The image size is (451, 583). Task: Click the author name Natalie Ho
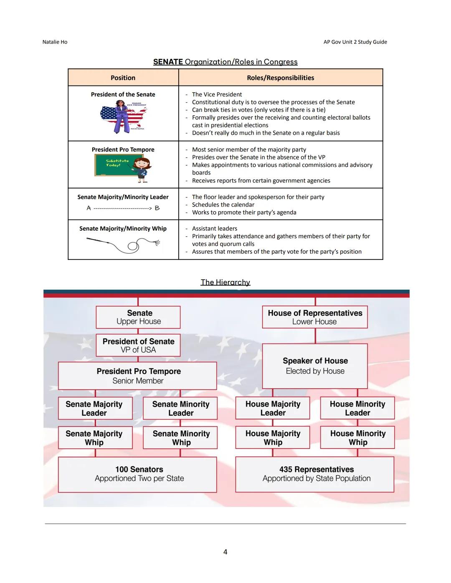[x=55, y=42]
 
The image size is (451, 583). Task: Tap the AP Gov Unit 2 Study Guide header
[x=355, y=42]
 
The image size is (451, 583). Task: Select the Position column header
[x=123, y=78]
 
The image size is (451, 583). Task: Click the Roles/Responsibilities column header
[x=280, y=78]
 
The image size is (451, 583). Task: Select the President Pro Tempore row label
[x=123, y=150]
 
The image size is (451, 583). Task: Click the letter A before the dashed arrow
[x=89, y=208]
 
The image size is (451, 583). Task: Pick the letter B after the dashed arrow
[x=157, y=208]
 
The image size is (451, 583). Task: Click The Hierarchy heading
[x=225, y=283]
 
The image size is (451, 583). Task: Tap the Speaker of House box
[x=315, y=366]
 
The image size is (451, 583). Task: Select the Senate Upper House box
[x=138, y=317]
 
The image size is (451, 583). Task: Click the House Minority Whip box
[x=357, y=438]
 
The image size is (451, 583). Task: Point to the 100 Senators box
[x=137, y=474]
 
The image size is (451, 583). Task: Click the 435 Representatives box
[x=315, y=474]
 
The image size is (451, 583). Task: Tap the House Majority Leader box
[x=273, y=408]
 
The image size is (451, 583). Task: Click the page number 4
[x=225, y=552]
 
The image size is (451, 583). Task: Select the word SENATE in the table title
[x=168, y=62]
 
